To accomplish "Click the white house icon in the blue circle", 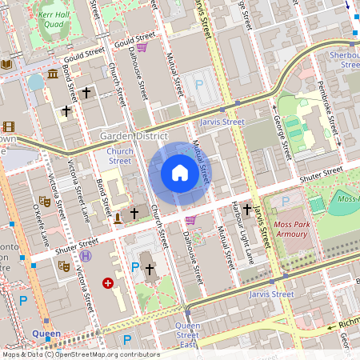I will (x=179, y=173).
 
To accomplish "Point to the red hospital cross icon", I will (x=108, y=283).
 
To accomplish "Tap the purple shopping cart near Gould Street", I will (x=142, y=47).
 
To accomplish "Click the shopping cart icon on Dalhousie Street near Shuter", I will (x=190, y=220).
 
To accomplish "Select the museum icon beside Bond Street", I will (x=53, y=74).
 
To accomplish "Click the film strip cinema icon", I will (x=8, y=126).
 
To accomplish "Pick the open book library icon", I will (x=7, y=64).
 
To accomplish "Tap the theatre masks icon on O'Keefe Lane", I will (x=45, y=203).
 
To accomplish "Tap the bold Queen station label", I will (x=46, y=333).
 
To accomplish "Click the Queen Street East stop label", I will (x=187, y=335).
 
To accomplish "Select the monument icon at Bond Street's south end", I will (x=118, y=217).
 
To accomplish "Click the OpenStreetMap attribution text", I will (x=80, y=354).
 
